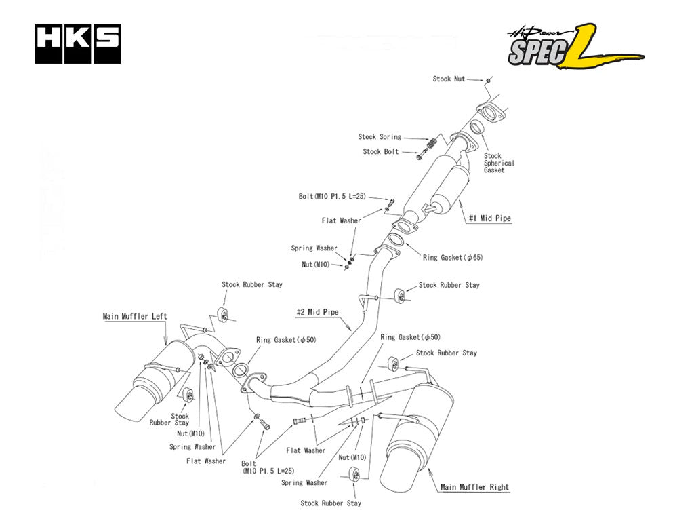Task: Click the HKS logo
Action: [78, 44]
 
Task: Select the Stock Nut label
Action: [449, 79]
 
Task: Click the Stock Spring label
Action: [380, 137]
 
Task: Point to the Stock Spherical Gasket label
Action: [499, 163]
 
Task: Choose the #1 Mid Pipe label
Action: [490, 218]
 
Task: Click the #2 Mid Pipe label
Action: [317, 313]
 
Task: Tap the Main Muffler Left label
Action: [135, 316]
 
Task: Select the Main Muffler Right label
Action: [474, 487]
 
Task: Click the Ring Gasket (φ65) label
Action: [453, 258]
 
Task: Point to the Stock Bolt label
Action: [381, 152]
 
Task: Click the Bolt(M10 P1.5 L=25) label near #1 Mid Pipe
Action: [332, 196]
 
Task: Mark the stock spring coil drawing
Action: [429, 145]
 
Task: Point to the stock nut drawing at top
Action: [487, 81]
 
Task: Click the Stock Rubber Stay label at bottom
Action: [331, 503]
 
